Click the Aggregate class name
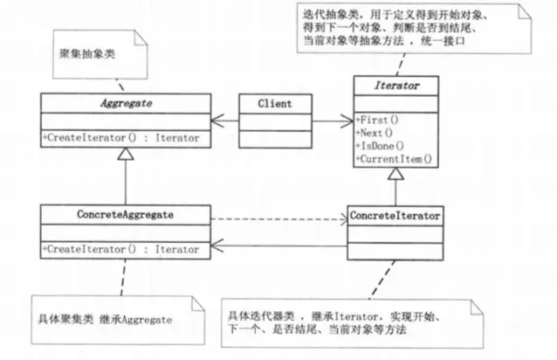(x=124, y=103)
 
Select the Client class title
(x=274, y=103)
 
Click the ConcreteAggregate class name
(x=124, y=213)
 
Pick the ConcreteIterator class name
(x=394, y=213)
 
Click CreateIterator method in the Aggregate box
(x=124, y=137)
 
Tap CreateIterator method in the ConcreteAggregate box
(x=124, y=248)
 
